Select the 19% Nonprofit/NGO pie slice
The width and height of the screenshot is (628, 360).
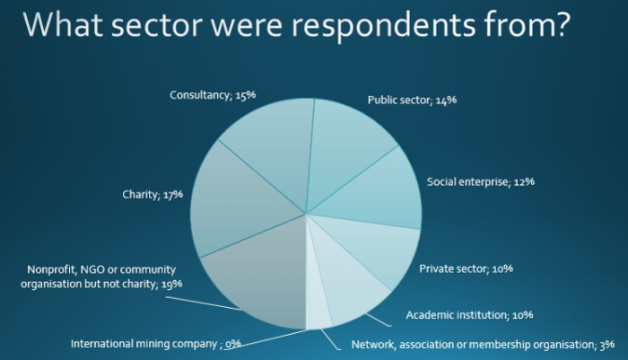pos(256,274)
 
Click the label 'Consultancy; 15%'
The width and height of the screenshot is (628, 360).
pos(211,94)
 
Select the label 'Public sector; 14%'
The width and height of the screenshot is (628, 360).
pos(412,100)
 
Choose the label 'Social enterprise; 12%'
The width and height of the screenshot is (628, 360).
pos(481,181)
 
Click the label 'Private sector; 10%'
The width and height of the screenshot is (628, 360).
pos(466,268)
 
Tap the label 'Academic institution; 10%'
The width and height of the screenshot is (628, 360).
pos(469,315)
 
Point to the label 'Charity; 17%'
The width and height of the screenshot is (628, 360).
pos(152,193)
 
